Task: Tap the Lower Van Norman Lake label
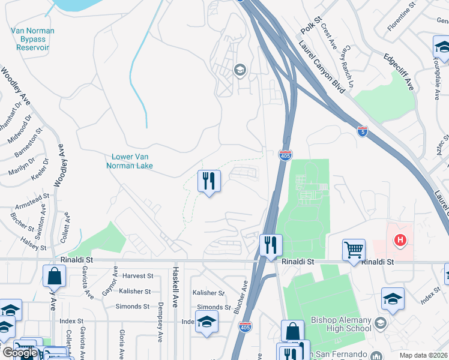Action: (129, 161)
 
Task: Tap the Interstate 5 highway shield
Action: (362, 130)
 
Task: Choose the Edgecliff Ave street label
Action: (399, 71)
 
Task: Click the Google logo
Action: (19, 353)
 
